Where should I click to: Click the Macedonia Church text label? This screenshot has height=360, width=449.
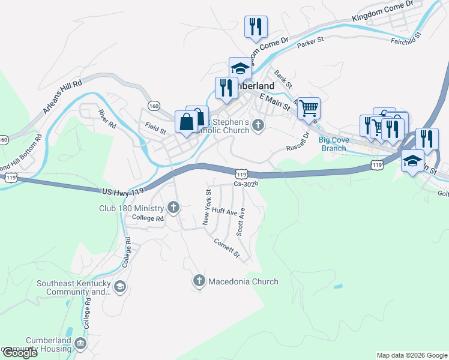point(243,281)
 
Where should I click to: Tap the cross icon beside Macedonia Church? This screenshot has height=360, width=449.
point(199,281)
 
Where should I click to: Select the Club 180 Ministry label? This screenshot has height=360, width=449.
point(131,208)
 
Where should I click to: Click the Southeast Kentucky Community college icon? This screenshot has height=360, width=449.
point(120,287)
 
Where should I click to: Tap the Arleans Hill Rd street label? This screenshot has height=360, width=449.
point(62,98)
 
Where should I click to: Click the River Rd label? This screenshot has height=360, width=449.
point(108,119)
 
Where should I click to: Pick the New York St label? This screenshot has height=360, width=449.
point(207,207)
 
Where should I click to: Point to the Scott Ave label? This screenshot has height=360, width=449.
point(241,221)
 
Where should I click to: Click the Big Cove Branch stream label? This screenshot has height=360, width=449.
point(334,144)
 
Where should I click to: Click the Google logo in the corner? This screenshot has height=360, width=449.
point(19,353)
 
